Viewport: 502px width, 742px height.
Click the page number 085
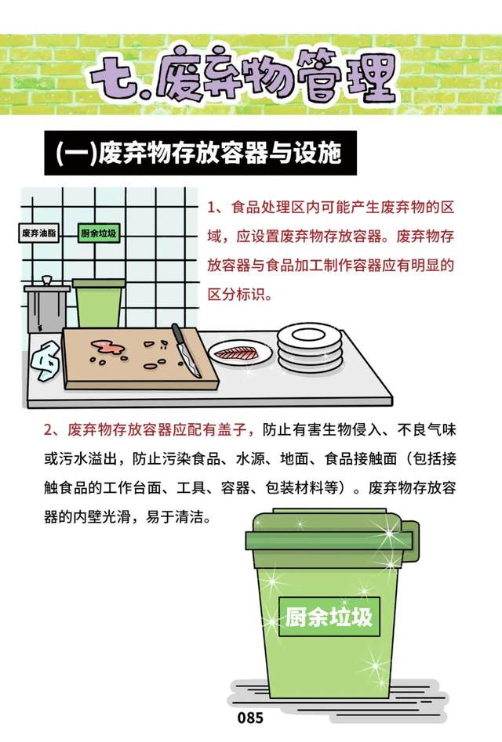tap(250, 718)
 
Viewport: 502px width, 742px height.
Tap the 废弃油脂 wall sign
tap(39, 233)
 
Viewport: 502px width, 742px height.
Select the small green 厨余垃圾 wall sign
tap(98, 233)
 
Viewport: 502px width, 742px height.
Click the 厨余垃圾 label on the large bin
tap(329, 616)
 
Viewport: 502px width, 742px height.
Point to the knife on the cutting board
tap(186, 350)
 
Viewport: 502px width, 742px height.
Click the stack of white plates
tap(310, 347)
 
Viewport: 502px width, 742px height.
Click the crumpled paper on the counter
tap(45, 362)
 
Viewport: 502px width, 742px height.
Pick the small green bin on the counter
tap(99, 303)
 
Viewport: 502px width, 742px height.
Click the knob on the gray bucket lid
tap(46, 281)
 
